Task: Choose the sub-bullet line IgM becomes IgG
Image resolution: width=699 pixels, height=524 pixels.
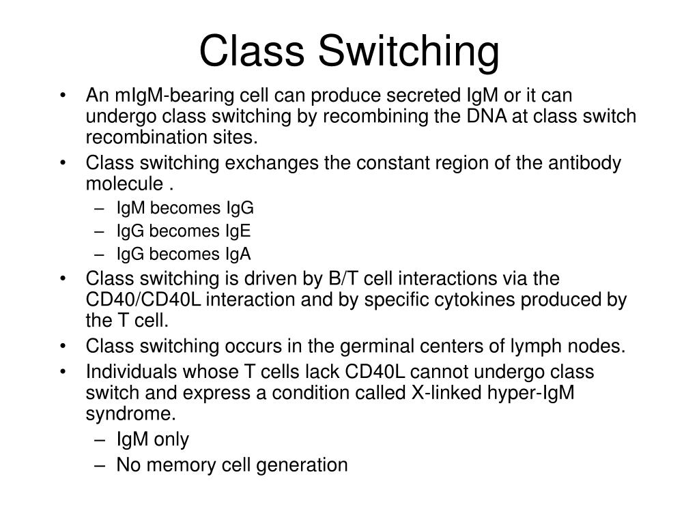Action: pos(185,208)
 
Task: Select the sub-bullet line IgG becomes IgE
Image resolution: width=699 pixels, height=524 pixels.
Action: pos(184,231)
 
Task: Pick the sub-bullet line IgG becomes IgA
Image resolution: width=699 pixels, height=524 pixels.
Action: pos(184,254)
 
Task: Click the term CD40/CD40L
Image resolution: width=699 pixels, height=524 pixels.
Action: pos(143,300)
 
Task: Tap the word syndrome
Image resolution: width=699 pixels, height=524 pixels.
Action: pos(130,414)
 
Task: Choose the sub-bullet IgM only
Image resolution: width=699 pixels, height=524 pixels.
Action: pos(153,440)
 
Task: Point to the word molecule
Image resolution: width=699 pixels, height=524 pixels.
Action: pos(124,185)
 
